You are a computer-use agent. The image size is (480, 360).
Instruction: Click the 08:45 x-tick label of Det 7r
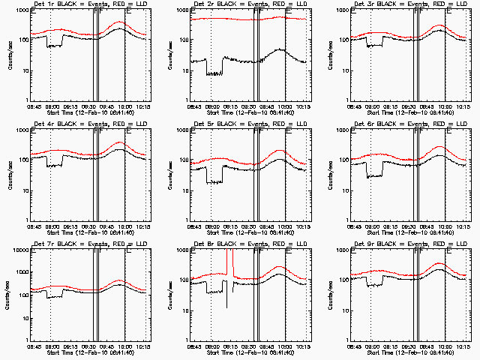(33, 346)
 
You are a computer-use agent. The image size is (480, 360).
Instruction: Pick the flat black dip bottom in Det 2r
(215, 73)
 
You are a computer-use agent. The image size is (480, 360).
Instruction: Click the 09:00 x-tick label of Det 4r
(51, 226)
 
